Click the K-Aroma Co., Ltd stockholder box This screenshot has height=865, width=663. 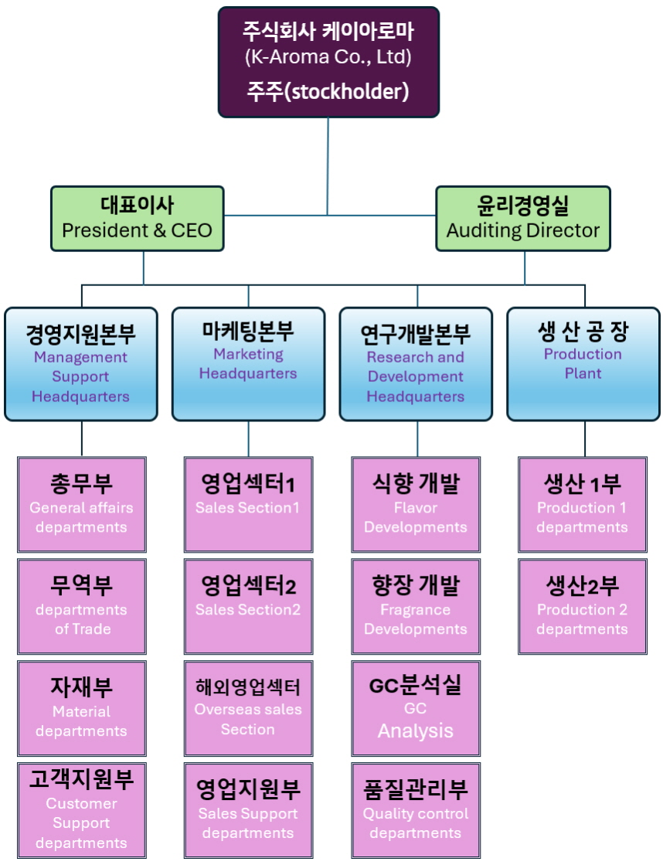[328, 62]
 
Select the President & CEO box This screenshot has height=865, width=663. [137, 218]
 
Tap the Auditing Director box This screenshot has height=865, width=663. [523, 218]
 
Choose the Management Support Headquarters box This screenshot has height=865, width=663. [81, 364]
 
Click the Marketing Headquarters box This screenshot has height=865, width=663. [248, 364]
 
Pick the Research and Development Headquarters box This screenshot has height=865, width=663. [416, 364]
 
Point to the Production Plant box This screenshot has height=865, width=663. [583, 364]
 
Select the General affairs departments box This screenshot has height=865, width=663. [81, 504]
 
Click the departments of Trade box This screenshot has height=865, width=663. [82, 606]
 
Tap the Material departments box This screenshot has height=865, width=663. [81, 708]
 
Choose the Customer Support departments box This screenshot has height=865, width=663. [81, 809]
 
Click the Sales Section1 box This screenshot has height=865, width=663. [248, 504]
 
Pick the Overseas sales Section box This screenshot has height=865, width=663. [248, 708]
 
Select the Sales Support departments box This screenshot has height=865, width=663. [248, 809]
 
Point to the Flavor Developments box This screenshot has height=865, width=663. [416, 504]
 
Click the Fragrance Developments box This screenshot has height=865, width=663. [416, 606]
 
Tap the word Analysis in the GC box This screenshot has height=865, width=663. [416, 730]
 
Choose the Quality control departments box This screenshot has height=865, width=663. [416, 809]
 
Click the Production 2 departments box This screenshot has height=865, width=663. [583, 606]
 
